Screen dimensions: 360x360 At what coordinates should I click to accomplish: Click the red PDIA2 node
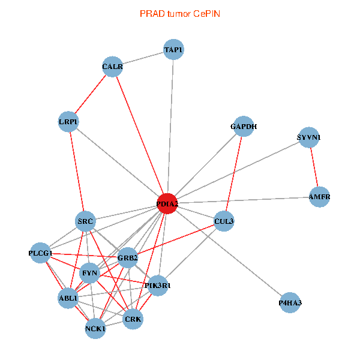(x=167, y=204)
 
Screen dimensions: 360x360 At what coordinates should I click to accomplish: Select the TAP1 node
(x=173, y=49)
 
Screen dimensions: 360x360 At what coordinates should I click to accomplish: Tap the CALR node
(x=112, y=67)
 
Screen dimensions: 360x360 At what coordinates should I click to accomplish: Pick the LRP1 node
(x=68, y=122)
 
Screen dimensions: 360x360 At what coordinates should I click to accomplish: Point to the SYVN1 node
(x=309, y=137)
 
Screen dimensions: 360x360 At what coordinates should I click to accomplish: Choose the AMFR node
(x=319, y=197)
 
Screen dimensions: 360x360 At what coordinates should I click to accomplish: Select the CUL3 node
(x=224, y=221)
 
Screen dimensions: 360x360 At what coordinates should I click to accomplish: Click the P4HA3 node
(x=290, y=303)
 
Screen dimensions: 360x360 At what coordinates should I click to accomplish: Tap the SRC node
(x=86, y=222)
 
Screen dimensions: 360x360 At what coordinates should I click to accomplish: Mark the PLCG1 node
(x=40, y=253)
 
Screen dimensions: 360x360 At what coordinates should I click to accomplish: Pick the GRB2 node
(x=128, y=258)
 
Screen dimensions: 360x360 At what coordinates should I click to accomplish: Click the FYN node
(x=89, y=273)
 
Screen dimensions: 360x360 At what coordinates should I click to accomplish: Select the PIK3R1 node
(x=157, y=286)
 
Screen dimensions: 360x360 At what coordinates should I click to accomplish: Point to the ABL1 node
(x=68, y=298)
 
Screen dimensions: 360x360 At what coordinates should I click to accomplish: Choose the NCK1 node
(x=95, y=328)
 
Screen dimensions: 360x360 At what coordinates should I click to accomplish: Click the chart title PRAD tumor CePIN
(x=179, y=13)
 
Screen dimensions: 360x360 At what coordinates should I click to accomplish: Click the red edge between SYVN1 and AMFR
(x=314, y=167)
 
